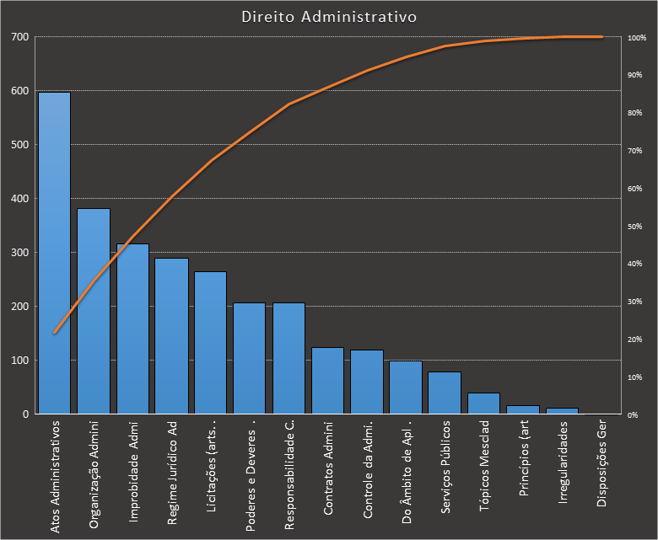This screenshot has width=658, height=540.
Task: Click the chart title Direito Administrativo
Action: click(328, 16)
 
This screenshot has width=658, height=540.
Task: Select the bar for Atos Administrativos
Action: click(55, 253)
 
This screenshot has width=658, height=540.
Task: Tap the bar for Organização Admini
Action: click(94, 311)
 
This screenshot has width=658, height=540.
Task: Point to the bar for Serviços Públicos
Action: click(445, 393)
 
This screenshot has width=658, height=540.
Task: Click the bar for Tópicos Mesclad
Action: click(483, 404)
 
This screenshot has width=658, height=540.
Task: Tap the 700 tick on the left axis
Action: click(19, 37)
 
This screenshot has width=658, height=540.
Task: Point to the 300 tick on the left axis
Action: click(19, 253)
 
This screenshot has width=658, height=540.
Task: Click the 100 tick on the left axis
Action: click(19, 361)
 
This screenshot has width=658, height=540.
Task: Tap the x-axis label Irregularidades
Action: click(563, 462)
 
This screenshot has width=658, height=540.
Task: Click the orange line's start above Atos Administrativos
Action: click(55, 333)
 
